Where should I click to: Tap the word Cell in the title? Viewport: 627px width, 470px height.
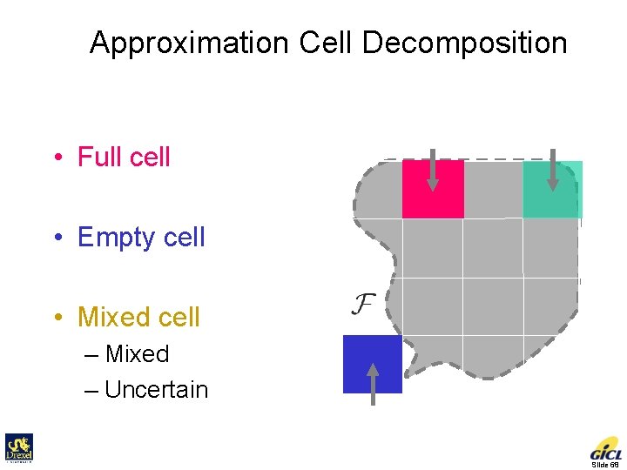tap(324, 43)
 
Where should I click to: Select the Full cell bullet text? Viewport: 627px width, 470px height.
tap(124, 158)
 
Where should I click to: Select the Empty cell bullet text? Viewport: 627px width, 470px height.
tap(141, 237)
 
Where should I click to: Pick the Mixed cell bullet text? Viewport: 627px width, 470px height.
tap(138, 317)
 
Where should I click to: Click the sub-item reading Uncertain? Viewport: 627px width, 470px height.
tap(156, 390)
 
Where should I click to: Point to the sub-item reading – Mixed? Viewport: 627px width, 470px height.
tap(136, 354)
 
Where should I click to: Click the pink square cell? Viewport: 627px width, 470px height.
tap(433, 189)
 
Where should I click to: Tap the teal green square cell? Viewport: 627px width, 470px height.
tap(552, 189)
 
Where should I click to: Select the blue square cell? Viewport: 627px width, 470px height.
tap(373, 364)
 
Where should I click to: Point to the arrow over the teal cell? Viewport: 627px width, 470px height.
tap(552, 171)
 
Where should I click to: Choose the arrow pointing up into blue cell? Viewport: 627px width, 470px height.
tap(373, 384)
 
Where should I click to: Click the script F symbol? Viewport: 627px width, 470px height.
tap(362, 305)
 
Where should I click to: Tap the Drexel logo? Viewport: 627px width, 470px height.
tap(19, 448)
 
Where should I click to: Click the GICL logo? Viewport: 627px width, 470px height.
tap(606, 448)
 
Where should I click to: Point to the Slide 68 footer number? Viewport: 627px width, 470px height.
tap(604, 465)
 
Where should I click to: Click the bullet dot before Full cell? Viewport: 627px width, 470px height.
tap(57, 158)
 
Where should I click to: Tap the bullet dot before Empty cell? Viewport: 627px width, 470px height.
tap(57, 238)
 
